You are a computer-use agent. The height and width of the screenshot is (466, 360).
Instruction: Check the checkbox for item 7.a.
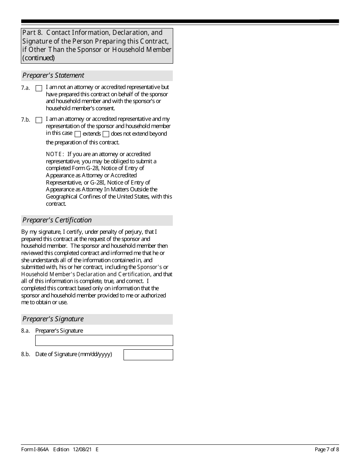[39, 88]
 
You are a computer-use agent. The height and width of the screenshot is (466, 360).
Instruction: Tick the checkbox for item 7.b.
[39, 120]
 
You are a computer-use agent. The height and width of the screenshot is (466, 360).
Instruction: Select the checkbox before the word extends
[78, 134]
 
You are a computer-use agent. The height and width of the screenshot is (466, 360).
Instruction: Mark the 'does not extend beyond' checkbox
[106, 134]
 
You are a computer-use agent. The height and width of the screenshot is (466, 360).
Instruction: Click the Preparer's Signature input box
[104, 340]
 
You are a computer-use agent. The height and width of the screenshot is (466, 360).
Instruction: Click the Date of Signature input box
[148, 355]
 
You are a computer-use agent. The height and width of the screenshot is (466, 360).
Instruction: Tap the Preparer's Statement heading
[53, 75]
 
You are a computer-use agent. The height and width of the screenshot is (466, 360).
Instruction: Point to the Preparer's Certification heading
[57, 220]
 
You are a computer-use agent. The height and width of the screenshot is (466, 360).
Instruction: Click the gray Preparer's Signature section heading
[53, 319]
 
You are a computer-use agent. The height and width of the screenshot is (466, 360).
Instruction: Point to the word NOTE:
[55, 154]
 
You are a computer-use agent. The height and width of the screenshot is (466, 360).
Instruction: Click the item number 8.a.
[25, 331]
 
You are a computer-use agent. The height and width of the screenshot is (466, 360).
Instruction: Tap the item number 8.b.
[25, 355]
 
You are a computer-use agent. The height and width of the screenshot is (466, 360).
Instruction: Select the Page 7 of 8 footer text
[327, 450]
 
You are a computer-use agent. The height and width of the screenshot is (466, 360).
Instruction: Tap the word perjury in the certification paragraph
[133, 232]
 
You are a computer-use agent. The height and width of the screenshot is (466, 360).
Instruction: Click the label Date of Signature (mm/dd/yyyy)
[74, 355]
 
